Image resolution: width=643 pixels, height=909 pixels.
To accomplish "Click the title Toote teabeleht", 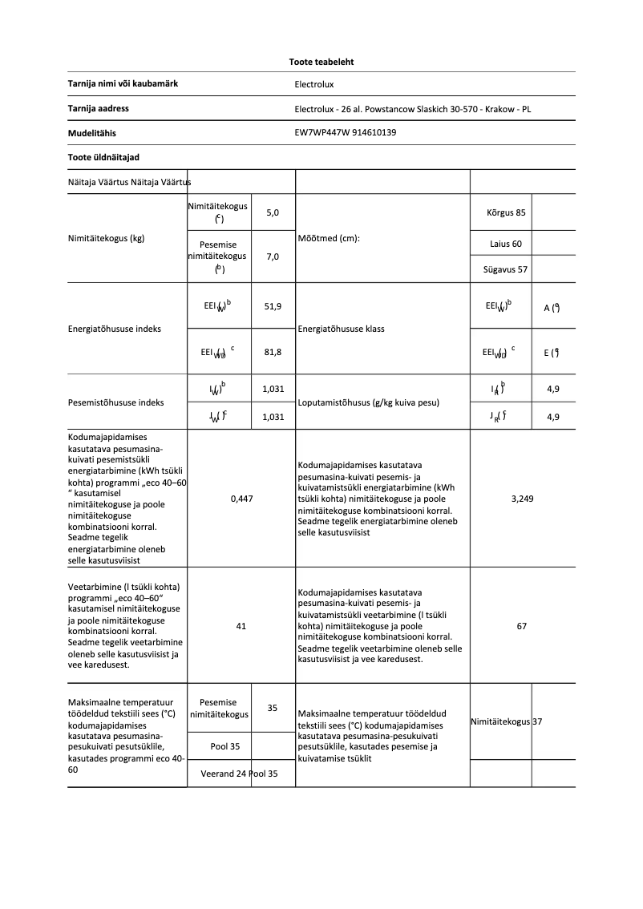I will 321,62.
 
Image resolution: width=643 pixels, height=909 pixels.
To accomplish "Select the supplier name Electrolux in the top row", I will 313,84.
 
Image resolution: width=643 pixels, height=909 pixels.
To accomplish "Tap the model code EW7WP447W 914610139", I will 346,133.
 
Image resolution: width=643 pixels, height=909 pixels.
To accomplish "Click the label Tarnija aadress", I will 99,108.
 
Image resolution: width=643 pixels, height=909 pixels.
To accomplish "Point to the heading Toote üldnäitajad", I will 98,157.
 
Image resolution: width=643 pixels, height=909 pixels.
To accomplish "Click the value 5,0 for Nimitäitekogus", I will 273,213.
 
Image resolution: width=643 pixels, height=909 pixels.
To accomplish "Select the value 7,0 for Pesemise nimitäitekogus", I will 273,257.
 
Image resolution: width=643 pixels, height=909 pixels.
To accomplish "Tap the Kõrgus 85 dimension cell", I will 506,213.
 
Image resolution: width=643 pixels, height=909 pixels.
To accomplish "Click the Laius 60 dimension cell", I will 506,244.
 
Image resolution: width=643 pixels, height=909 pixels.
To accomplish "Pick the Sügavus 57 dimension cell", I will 506,269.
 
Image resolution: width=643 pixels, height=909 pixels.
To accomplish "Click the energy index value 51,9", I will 273,307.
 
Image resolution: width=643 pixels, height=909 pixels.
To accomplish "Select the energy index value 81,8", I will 273,352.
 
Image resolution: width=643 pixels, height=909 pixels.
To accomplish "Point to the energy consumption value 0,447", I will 241,499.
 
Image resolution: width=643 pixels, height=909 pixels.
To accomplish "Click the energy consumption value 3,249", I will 523,499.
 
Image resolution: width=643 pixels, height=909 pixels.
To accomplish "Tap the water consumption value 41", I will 241,626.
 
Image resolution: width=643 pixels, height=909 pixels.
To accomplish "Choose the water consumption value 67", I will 522,626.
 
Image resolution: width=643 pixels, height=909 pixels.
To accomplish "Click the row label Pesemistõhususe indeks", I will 116,402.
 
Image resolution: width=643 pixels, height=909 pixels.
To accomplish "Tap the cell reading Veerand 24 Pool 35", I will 239,774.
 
